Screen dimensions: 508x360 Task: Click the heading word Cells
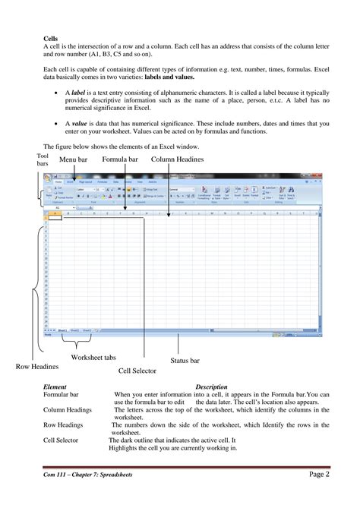tap(52, 37)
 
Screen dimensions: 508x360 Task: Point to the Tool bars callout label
tap(43, 160)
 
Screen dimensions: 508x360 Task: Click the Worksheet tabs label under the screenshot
tap(94, 357)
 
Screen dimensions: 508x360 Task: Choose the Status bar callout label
tap(187, 361)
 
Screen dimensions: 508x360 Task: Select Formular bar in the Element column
tap(62, 395)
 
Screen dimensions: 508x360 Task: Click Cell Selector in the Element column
tap(63, 440)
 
